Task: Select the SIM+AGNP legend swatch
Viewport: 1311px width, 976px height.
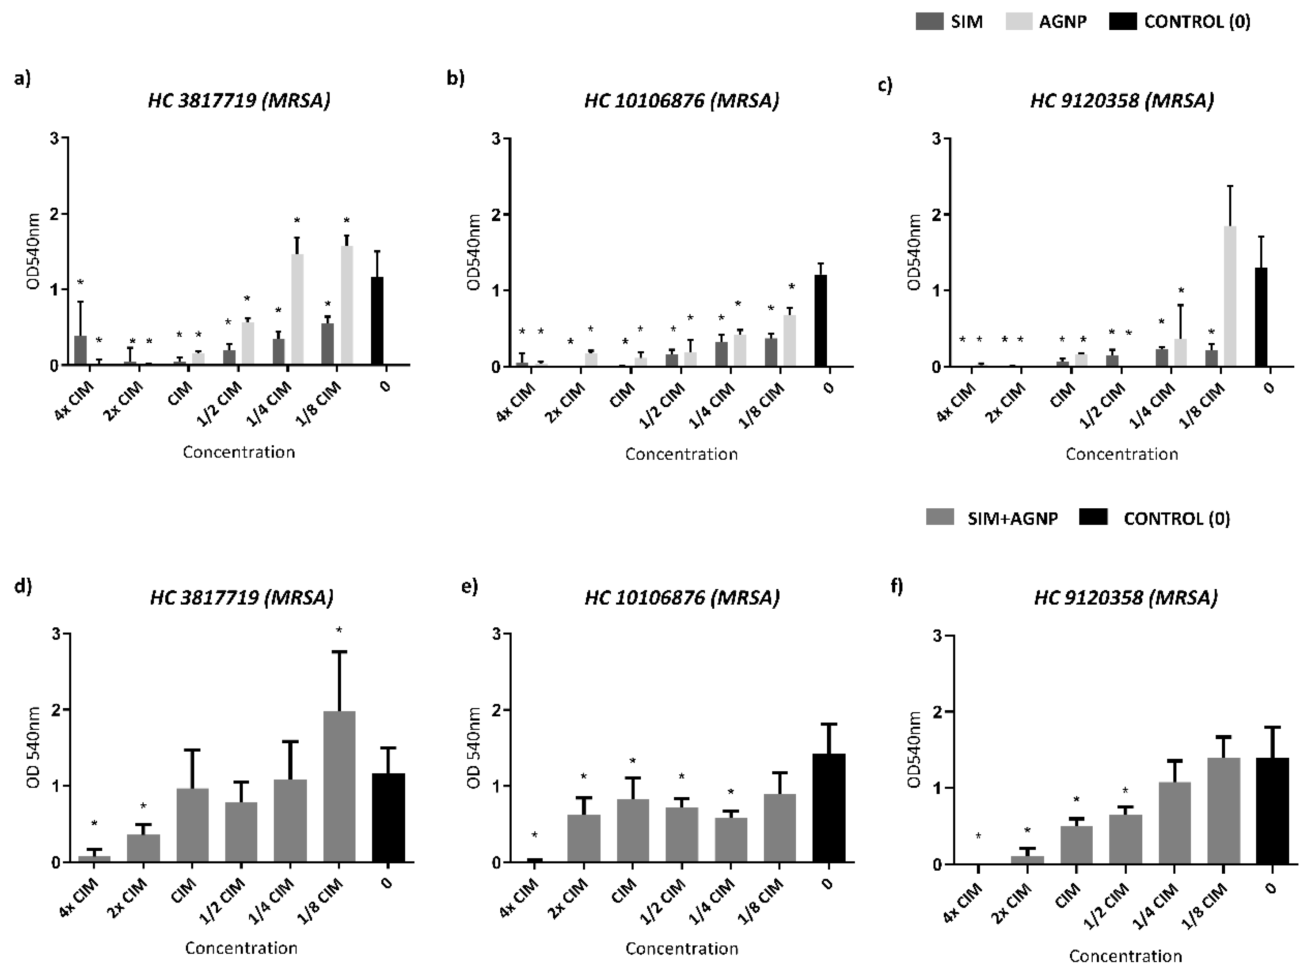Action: click(940, 517)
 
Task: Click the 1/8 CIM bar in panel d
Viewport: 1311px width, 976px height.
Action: click(339, 786)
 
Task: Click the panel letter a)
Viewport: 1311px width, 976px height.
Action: click(22, 78)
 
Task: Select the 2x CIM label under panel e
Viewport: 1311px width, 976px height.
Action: click(569, 898)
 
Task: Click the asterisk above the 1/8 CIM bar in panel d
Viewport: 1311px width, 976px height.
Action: click(339, 630)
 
